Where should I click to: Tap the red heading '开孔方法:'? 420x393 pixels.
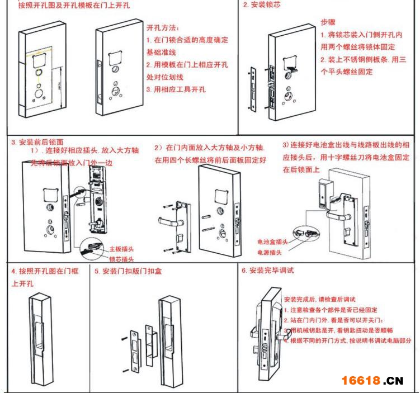[x=163, y=28]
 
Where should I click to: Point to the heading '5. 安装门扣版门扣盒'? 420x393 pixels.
[x=129, y=272]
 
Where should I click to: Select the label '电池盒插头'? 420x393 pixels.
[x=272, y=242]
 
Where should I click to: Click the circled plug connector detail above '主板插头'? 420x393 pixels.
[x=93, y=245]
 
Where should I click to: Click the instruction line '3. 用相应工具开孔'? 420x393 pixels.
[x=176, y=89]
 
